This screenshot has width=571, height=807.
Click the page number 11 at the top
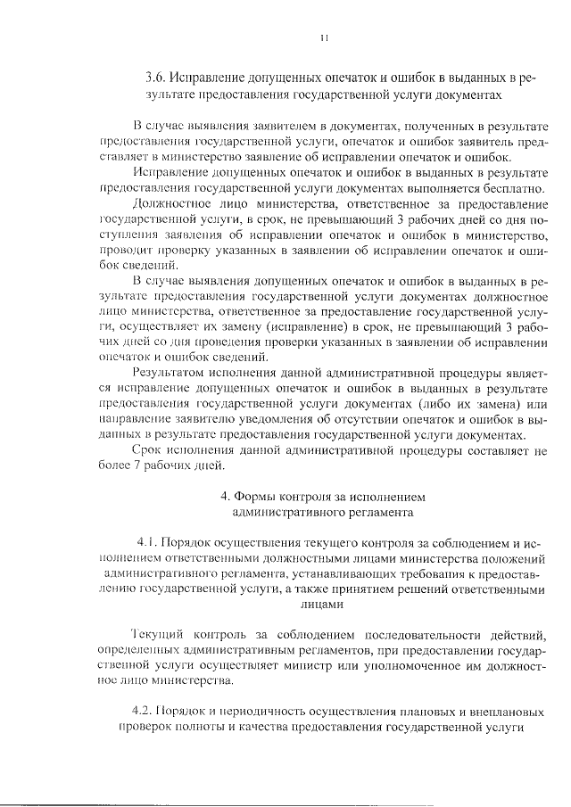pyautogui.click(x=326, y=37)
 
